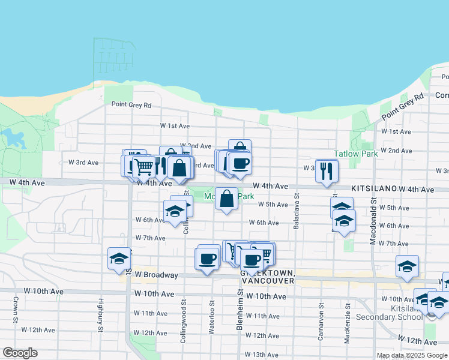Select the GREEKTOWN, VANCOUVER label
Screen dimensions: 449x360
(x=267, y=277)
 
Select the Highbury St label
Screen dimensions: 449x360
(x=100, y=313)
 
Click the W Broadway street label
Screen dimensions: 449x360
(x=156, y=275)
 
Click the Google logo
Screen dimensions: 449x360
(x=20, y=353)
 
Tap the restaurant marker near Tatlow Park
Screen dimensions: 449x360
(x=327, y=170)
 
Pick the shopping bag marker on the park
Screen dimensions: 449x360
(x=226, y=199)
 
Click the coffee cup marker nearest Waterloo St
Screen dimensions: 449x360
(x=207, y=259)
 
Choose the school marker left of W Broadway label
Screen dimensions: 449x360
(x=119, y=259)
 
